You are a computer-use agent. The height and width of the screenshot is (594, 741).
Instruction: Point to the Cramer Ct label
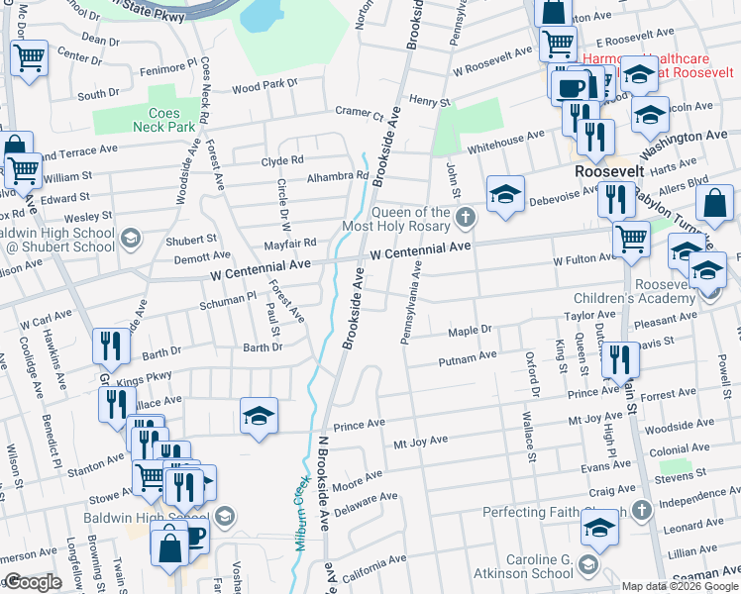pos(359,112)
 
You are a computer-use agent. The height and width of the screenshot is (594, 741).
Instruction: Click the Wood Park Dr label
pos(265,85)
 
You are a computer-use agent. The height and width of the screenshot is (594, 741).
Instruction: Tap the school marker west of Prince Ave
pos(259,417)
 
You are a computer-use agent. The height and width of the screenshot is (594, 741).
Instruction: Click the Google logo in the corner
pos(34,582)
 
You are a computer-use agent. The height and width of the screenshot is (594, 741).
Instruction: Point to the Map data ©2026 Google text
pos(679,585)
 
